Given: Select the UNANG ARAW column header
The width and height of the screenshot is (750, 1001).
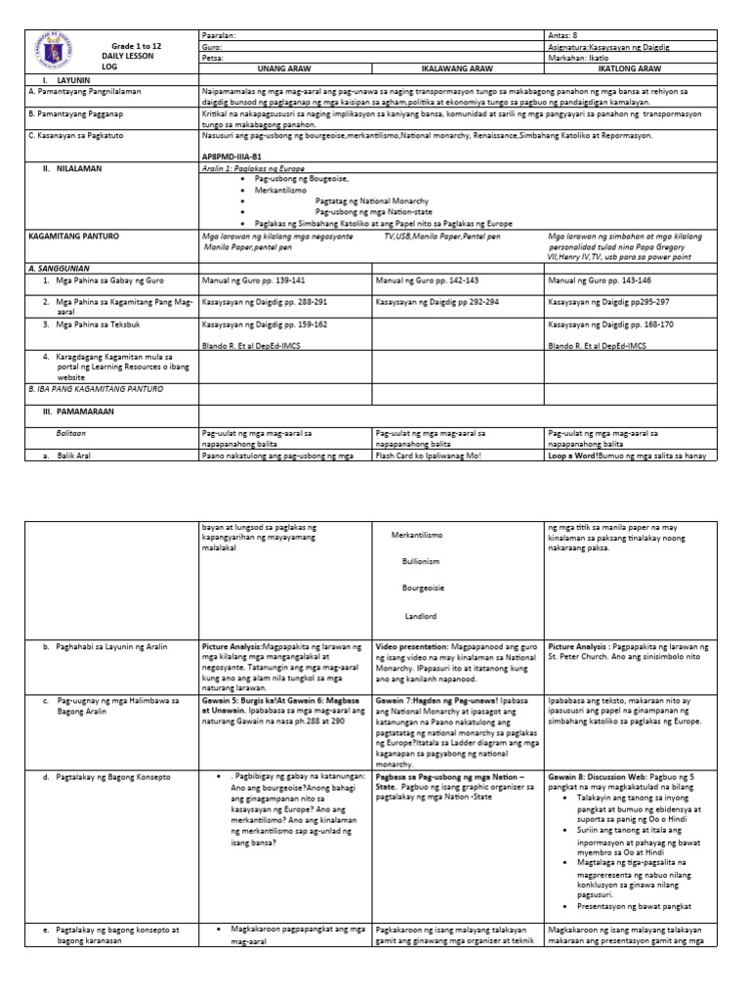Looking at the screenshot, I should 285,69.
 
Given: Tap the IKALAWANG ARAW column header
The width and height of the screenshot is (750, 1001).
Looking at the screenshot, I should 458,69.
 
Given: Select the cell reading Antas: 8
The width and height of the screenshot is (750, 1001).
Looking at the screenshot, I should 566,34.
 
